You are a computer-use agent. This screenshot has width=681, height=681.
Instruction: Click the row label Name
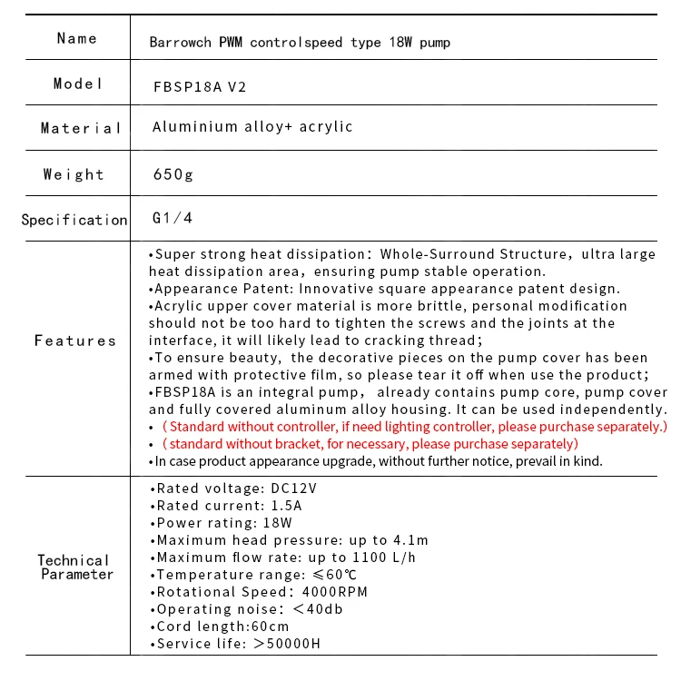[x=76, y=38]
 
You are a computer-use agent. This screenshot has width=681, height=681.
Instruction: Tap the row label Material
[x=80, y=128]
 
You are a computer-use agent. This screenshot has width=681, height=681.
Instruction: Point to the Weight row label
[x=74, y=174]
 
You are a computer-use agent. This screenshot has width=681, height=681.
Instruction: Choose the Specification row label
[x=74, y=220]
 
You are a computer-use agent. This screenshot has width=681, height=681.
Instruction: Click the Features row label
[x=75, y=340]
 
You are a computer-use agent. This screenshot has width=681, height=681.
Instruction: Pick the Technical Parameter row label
[x=76, y=567]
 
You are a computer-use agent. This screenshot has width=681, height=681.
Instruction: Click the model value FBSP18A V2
[x=200, y=87]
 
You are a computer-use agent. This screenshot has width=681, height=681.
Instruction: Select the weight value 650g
[x=173, y=174]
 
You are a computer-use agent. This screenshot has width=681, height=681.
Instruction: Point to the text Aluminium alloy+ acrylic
[x=252, y=127]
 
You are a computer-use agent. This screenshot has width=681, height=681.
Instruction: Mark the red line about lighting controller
[x=413, y=427]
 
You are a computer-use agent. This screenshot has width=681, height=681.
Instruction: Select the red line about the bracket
[x=368, y=444]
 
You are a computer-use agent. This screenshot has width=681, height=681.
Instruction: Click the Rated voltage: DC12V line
[x=238, y=489]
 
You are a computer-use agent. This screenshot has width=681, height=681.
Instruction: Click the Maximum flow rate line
[x=287, y=558]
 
